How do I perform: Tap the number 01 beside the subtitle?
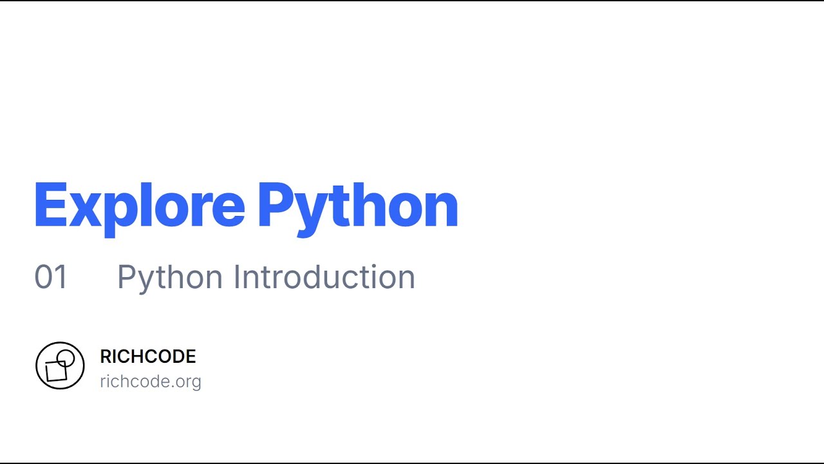(51, 277)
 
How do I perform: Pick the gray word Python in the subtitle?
(170, 277)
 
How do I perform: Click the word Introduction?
(324, 277)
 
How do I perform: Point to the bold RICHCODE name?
(148, 356)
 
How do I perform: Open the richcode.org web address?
(151, 382)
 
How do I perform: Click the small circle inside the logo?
(66, 358)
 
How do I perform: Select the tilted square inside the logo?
(56, 371)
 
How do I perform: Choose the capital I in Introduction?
(237, 277)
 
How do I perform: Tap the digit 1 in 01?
(61, 277)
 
